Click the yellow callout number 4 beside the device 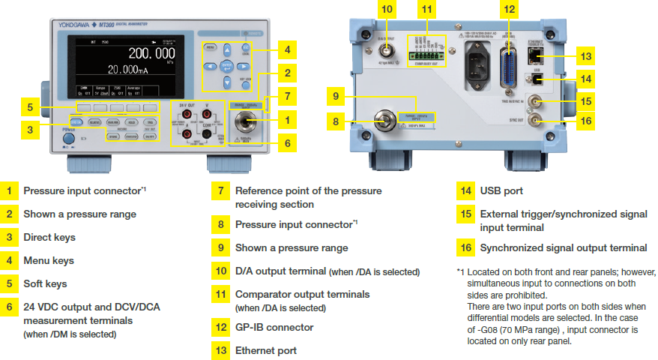[286, 50]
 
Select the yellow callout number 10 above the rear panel [387, 10]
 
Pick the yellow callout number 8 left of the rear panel [334, 121]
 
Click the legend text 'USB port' [501, 191]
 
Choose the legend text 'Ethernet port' [265, 350]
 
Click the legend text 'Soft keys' [45, 283]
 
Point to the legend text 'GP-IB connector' [274, 327]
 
